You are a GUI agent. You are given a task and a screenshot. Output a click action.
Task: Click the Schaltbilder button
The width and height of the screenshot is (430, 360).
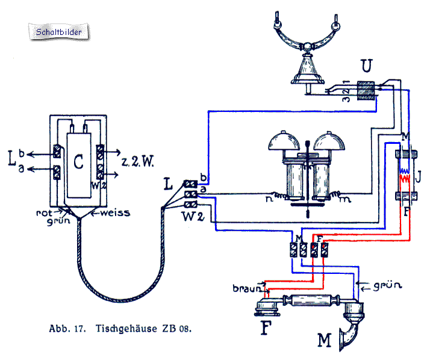[59, 31]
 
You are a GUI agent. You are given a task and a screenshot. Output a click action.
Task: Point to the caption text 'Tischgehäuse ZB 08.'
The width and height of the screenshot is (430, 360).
[143, 329]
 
